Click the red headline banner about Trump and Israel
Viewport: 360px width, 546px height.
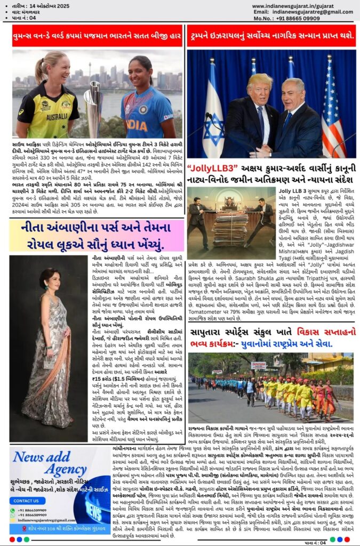pyautogui.click(x=271, y=35)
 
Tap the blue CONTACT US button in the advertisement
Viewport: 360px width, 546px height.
pyautogui.click(x=26, y=501)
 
